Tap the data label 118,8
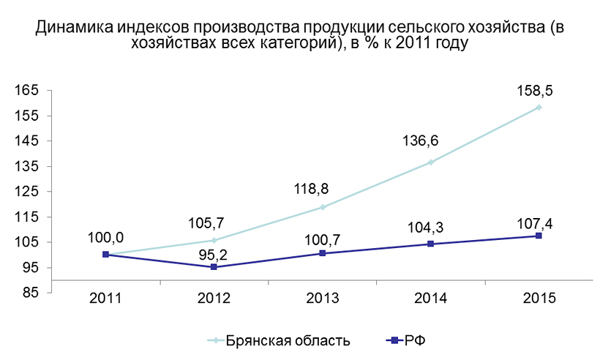point(311,188)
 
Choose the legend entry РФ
point(414,340)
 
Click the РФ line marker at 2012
point(214,267)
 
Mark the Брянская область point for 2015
point(539,108)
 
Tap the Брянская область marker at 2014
point(430,162)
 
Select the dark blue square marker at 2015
point(539,236)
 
